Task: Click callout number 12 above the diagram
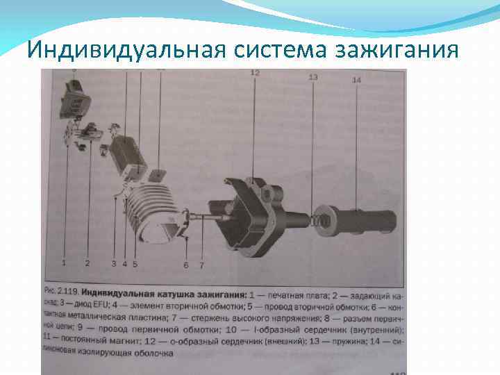pos(255,73)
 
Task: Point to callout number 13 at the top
pos(312,77)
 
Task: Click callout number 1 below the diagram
pos(64,262)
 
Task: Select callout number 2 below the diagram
pos(87,263)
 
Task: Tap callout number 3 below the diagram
pos(114,264)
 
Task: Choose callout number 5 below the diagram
pos(135,264)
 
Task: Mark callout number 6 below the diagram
pos(186,265)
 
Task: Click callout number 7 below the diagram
pos(201,265)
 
